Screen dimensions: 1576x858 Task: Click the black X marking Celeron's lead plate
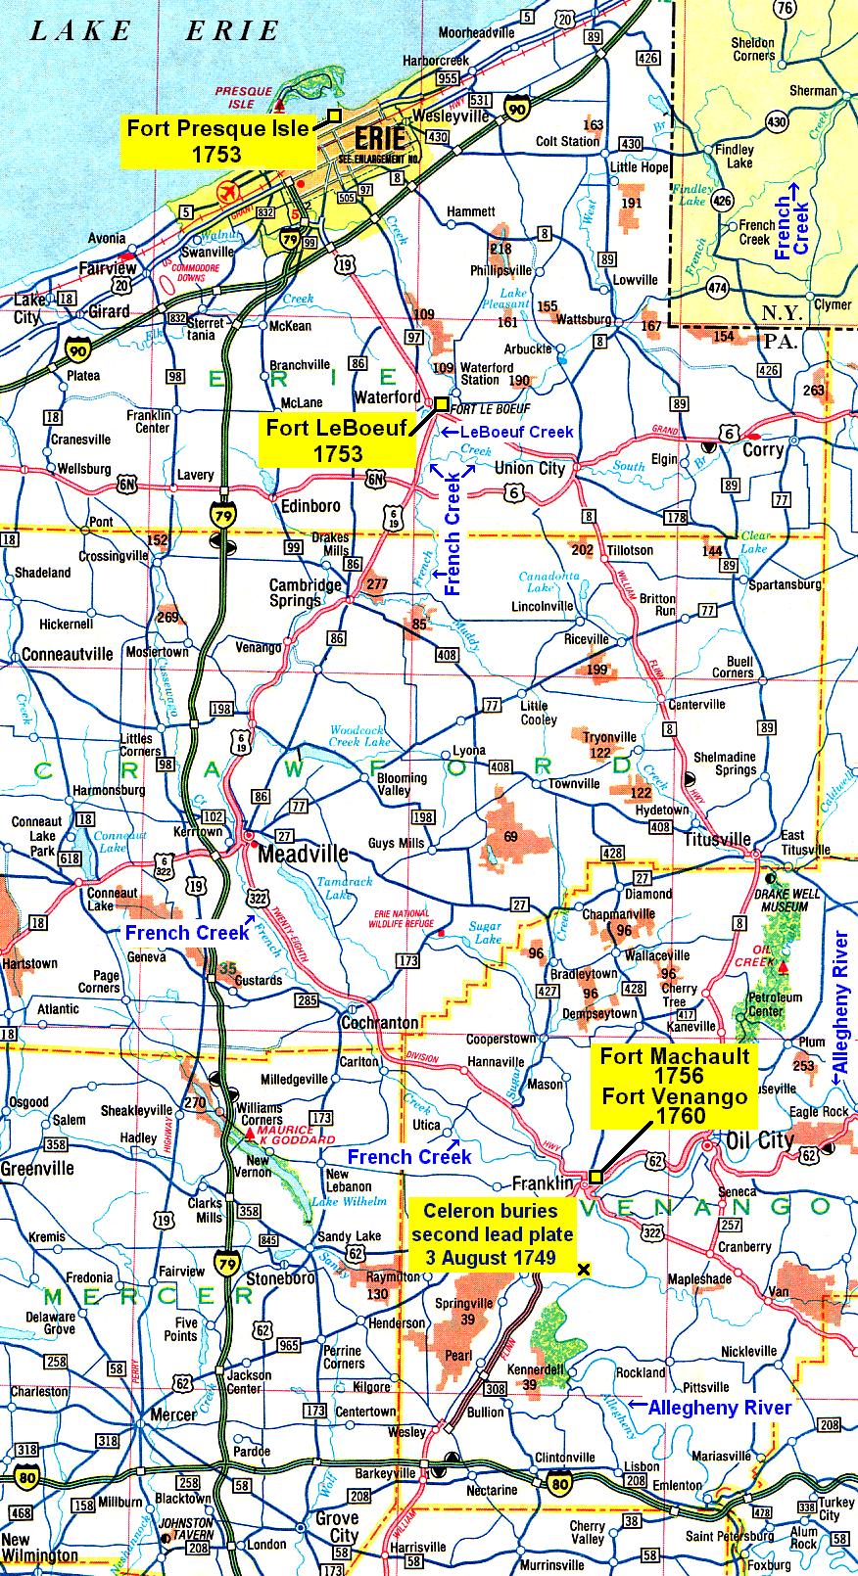[x=585, y=1270]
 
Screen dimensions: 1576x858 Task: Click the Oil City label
[x=761, y=1139]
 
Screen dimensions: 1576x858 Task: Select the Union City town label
[x=530, y=468]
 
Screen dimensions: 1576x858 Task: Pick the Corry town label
[x=763, y=449]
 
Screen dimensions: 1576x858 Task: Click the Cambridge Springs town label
[x=306, y=593]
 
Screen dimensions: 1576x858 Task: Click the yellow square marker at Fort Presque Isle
[x=334, y=115]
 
